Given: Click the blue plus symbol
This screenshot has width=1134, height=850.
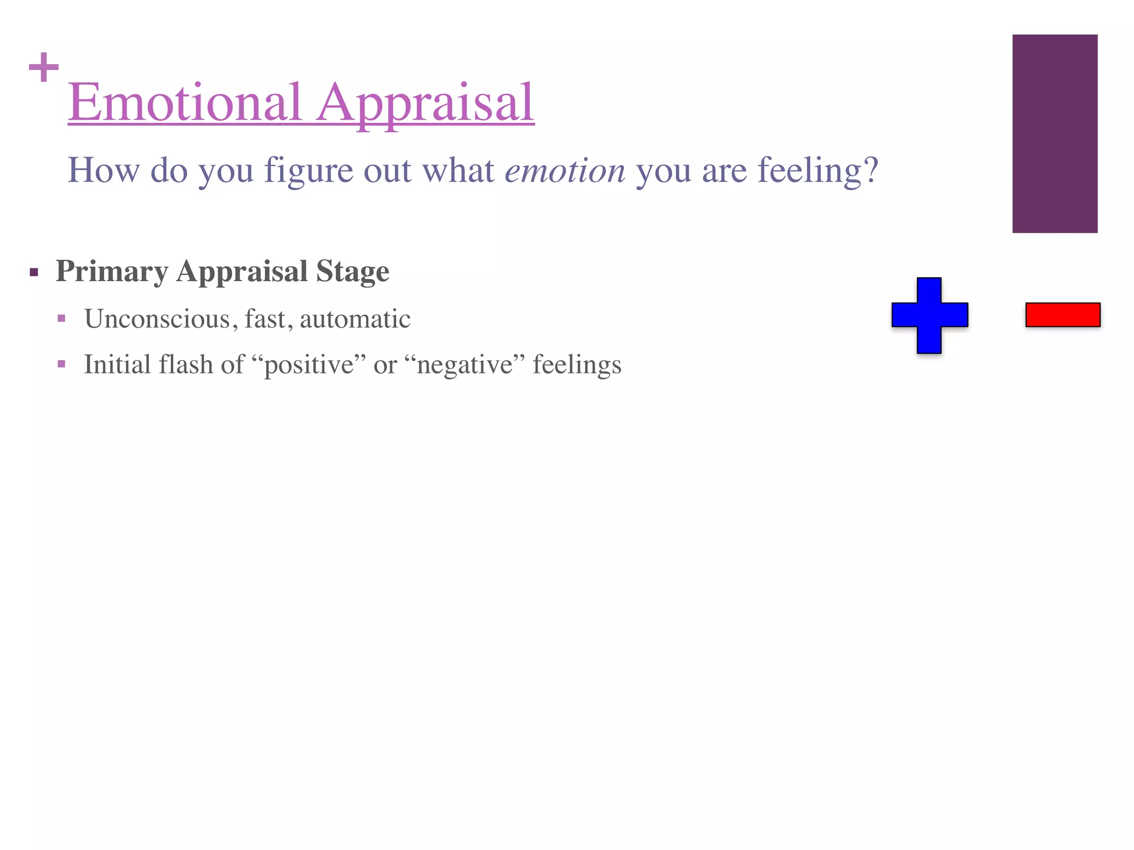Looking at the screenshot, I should (929, 315).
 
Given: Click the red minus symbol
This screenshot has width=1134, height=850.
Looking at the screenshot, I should (1063, 315).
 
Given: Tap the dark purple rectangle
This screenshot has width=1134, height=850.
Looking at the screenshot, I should (1055, 133).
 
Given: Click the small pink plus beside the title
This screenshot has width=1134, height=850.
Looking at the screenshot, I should (44, 68).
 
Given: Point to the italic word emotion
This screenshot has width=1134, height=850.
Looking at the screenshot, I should (565, 170).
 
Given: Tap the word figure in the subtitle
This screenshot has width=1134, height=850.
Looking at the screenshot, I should (308, 170).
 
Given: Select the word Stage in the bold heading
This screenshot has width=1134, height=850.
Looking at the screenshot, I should (353, 271).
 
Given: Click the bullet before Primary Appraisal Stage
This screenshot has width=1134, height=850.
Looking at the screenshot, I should (34, 272).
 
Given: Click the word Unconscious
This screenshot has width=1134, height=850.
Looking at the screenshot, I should (157, 319).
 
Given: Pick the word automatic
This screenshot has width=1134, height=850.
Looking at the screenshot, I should (355, 319).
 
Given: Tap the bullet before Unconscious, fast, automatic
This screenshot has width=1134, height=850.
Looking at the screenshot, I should (61, 319).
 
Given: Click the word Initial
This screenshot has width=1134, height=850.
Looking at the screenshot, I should (117, 365).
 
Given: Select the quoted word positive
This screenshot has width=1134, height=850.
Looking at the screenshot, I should (309, 365).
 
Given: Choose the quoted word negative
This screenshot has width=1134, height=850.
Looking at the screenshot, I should (465, 365).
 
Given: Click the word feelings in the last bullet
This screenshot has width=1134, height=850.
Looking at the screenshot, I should (577, 365).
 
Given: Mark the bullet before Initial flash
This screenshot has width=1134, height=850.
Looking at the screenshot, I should (61, 364).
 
